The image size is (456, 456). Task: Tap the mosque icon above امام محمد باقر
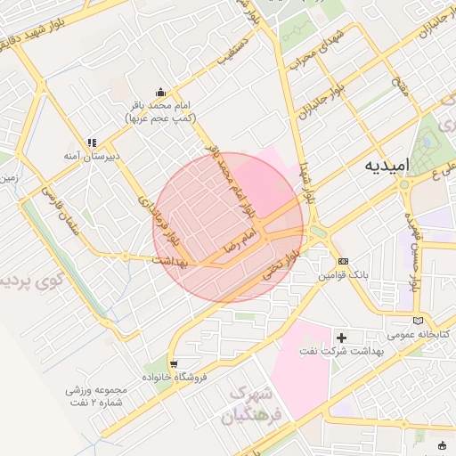pos(160,92)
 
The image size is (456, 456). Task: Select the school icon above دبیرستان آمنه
pos(90,142)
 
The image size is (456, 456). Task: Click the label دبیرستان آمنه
pos(91,156)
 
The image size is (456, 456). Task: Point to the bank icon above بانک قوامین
pos(343,261)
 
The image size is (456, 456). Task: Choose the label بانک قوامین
pos(344,275)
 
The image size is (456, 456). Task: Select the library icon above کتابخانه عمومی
pos(419,321)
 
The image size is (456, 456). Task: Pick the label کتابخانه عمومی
pos(419,335)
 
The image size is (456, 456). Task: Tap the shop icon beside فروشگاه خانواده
pos(173,363)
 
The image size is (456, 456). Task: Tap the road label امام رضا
pos(239,240)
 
